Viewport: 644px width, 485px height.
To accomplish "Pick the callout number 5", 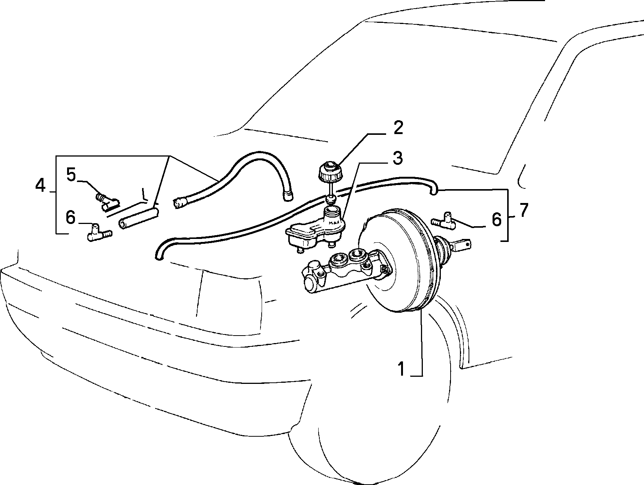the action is point(72,175).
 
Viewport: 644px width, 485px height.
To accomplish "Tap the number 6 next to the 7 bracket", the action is point(496,219).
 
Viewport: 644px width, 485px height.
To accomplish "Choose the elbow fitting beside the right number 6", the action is point(444,221).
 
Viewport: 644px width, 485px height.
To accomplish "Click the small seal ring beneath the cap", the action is point(331,197).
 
